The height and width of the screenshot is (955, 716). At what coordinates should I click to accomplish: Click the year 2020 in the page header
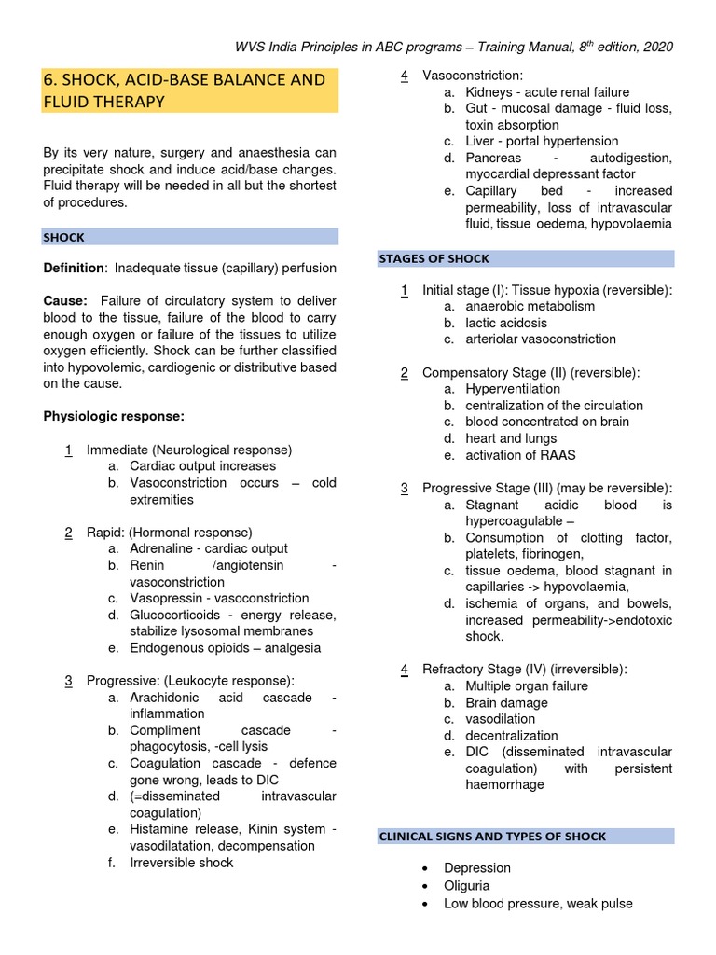tap(656, 47)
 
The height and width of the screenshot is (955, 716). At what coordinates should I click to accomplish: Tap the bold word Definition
tap(74, 269)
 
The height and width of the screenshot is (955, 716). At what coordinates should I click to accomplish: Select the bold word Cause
tap(64, 301)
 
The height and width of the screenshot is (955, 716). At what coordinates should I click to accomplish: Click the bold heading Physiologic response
tap(114, 416)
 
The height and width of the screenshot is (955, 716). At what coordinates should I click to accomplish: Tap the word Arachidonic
tap(164, 699)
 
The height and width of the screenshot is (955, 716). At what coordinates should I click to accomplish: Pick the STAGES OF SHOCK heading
tap(434, 258)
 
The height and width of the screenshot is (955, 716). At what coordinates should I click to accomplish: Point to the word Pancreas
tap(493, 159)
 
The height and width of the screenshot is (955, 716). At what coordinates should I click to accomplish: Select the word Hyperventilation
tap(513, 389)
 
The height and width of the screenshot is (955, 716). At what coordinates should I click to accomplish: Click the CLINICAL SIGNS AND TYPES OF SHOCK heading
tap(492, 837)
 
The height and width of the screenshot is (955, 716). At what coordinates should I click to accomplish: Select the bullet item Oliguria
tap(466, 886)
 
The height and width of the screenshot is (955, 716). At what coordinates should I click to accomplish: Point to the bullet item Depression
tap(477, 868)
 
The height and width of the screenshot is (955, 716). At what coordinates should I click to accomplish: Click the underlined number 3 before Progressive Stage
tap(405, 489)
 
